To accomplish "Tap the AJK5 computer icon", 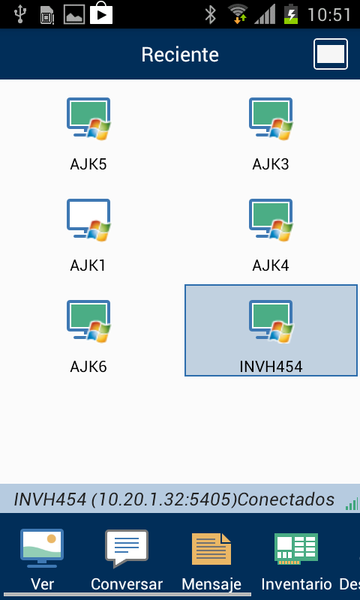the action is click(x=88, y=118).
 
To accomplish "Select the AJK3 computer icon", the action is click(x=271, y=118).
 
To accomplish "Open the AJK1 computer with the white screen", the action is click(x=88, y=220).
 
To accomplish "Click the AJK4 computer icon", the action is click(x=271, y=220).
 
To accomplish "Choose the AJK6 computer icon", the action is click(x=88, y=321).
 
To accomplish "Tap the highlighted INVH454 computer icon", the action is click(x=271, y=321).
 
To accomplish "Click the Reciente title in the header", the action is click(x=180, y=54).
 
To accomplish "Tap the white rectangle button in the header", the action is click(x=331, y=54).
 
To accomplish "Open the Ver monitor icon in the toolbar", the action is click(x=42, y=548).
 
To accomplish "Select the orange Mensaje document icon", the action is click(x=211, y=549).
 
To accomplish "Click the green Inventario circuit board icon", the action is click(x=296, y=549).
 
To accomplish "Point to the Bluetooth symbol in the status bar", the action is click(x=210, y=14).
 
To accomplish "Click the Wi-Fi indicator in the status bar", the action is click(x=238, y=14).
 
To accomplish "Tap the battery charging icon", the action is click(x=292, y=14).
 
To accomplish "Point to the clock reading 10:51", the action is click(x=329, y=15).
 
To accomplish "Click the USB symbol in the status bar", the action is click(x=19, y=14).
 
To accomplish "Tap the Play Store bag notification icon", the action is click(x=101, y=13).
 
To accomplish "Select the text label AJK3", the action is click(x=271, y=164).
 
